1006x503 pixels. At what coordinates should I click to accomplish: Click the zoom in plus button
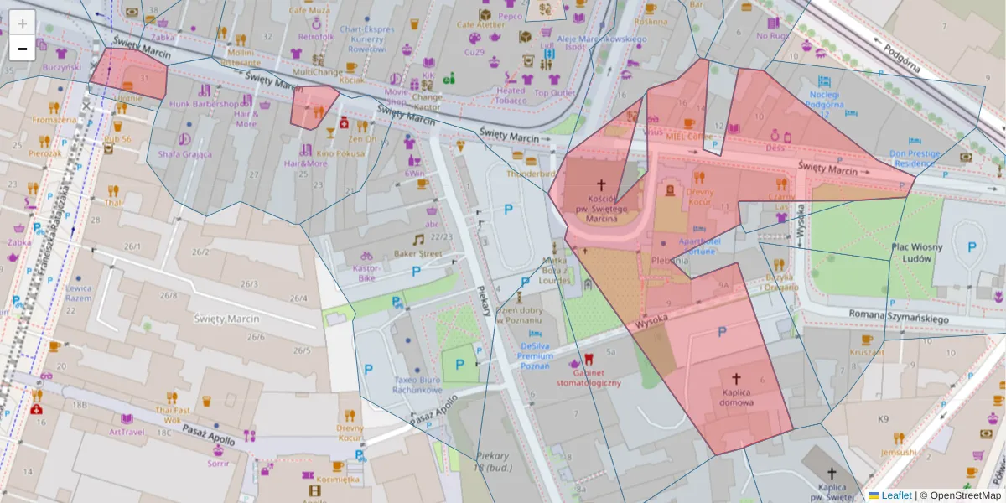(23, 23)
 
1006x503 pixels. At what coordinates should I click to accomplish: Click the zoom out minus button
(23, 48)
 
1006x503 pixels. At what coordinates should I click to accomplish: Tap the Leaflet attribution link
(895, 495)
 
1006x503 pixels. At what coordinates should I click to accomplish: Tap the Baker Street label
(417, 253)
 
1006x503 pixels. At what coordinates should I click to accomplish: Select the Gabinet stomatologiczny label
(589, 377)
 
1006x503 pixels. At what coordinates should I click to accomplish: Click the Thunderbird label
(531, 174)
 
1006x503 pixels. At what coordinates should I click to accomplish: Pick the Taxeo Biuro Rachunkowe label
(417, 384)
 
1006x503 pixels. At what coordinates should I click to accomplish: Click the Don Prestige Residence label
(915, 158)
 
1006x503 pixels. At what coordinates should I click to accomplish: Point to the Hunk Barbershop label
(204, 104)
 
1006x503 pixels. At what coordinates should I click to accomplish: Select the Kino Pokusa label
(340, 153)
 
